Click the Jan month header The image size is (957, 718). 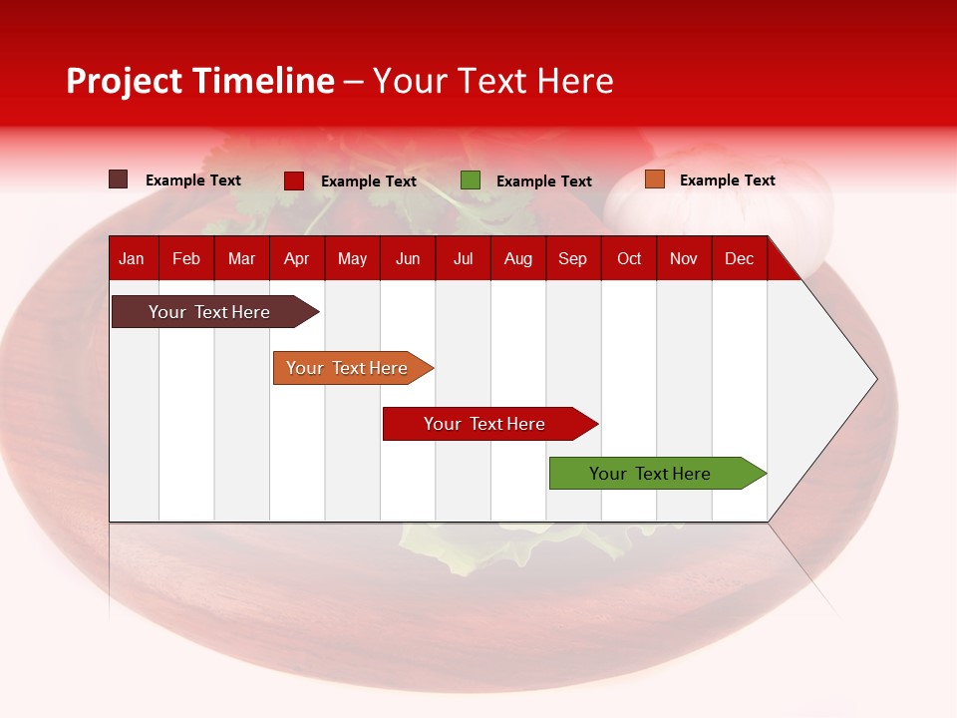click(x=132, y=258)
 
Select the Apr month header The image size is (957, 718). click(x=296, y=258)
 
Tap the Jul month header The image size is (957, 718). click(x=463, y=258)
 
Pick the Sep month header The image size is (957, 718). click(x=572, y=258)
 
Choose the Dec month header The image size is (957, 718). click(x=739, y=258)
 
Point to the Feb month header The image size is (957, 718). click(x=186, y=258)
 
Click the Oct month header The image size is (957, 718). click(x=629, y=258)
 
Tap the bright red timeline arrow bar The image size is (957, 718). click(x=485, y=424)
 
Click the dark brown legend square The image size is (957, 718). click(x=118, y=179)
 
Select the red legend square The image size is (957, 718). click(x=293, y=180)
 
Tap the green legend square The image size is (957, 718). click(x=471, y=180)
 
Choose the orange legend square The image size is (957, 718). click(x=654, y=179)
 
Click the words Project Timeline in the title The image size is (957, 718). click(x=200, y=81)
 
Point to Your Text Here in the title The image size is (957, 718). click(x=493, y=81)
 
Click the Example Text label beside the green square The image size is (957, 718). click(x=543, y=181)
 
